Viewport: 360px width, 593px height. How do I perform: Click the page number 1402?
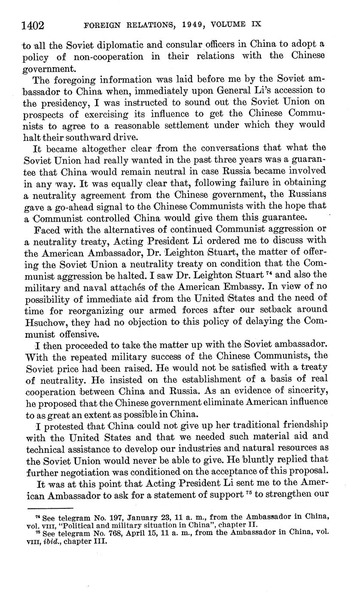click(x=33, y=25)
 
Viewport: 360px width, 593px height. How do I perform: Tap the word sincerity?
click(x=305, y=391)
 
